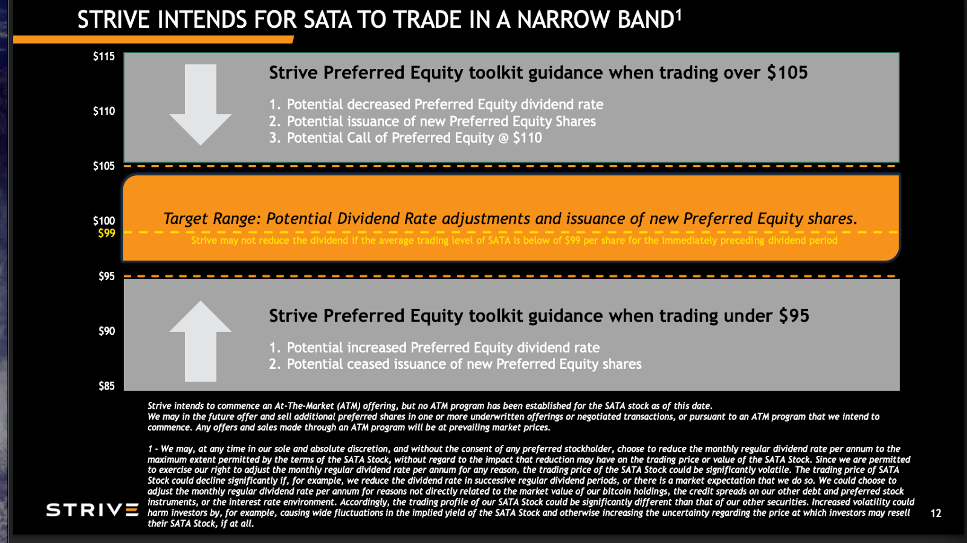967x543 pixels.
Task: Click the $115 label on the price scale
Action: (103, 56)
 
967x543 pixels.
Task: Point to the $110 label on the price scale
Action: (103, 111)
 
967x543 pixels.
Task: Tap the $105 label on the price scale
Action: (103, 166)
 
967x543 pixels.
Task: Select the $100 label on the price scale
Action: (103, 221)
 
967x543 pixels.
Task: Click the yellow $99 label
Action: (106, 233)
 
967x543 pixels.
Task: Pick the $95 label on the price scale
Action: (106, 276)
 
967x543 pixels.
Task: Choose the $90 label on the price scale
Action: (106, 331)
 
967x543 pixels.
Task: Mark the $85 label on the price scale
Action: (106, 386)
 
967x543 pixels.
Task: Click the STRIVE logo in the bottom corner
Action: (92, 510)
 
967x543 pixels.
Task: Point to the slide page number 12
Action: (936, 513)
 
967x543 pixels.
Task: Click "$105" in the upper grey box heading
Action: (787, 73)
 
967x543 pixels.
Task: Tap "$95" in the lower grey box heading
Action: (794, 316)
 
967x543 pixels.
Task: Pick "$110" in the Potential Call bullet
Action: (527, 138)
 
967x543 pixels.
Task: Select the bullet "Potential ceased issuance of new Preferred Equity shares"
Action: (464, 364)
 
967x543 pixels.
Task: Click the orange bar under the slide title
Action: (153, 40)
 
